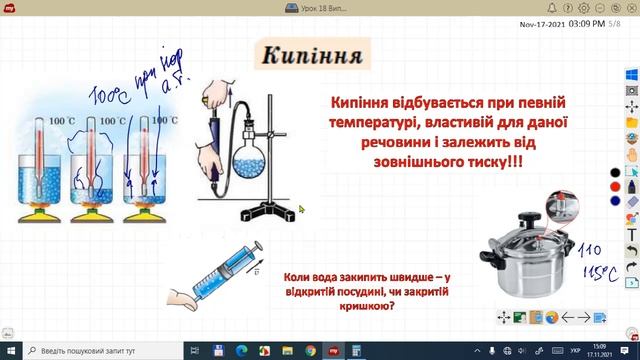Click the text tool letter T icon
click(631, 234)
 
